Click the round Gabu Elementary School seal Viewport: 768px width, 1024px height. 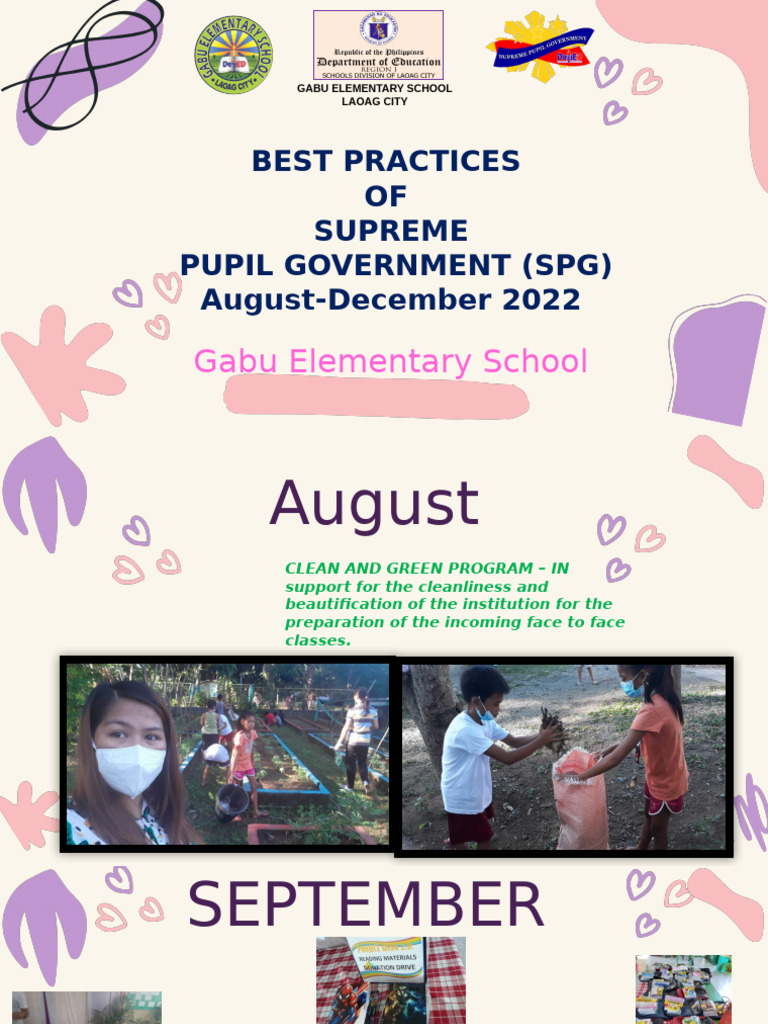click(x=232, y=55)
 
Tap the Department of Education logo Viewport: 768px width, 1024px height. click(x=378, y=45)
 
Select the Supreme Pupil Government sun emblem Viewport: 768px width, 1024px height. click(x=540, y=47)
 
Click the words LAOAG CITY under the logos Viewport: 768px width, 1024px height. click(x=374, y=101)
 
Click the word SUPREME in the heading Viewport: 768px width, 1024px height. click(x=390, y=231)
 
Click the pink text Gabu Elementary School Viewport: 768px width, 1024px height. click(x=390, y=362)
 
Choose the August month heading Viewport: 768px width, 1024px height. click(x=374, y=504)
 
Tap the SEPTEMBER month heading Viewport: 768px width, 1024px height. click(x=366, y=905)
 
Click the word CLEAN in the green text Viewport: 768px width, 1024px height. click(x=313, y=569)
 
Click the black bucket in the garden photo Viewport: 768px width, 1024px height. click(x=232, y=800)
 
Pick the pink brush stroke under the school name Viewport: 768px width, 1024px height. click(x=376, y=397)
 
